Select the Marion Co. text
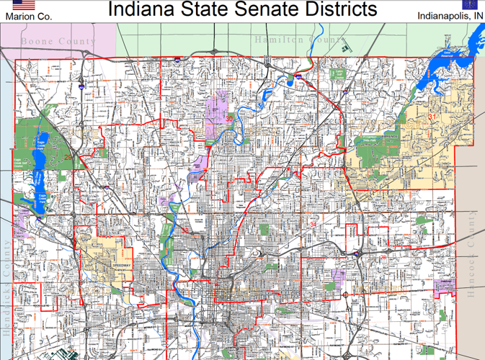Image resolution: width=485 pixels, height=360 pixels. (x=24, y=16)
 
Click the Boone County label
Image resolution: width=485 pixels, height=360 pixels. (x=58, y=41)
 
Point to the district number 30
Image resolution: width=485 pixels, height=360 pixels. (x=229, y=118)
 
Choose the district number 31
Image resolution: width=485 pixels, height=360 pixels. (x=432, y=117)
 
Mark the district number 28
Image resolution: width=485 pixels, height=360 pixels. (x=383, y=256)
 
